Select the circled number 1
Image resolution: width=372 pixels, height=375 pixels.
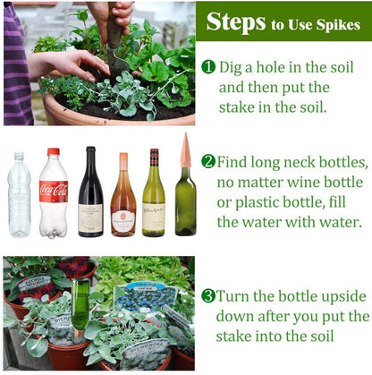pyautogui.click(x=208, y=67)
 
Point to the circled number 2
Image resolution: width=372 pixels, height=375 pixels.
pyautogui.click(x=208, y=162)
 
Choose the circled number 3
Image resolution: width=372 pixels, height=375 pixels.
pyautogui.click(x=208, y=296)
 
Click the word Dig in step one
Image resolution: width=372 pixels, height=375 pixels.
pyautogui.click(x=234, y=67)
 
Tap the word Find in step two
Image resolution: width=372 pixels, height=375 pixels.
pyautogui.click(x=237, y=162)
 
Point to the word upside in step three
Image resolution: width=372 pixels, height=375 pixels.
pyautogui.click(x=346, y=296)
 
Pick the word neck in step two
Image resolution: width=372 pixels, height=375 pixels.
pyautogui.click(x=307, y=162)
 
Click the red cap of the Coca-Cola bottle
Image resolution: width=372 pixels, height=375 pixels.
pyautogui.click(x=54, y=152)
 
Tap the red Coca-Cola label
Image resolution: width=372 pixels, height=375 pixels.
pyautogui.click(x=53, y=191)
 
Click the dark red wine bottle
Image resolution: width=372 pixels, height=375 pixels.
pyautogui.click(x=90, y=197)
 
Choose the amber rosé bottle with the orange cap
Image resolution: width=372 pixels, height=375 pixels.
pyautogui.click(x=123, y=201)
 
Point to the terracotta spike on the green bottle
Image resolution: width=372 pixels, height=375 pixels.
pyautogui.click(x=185, y=150)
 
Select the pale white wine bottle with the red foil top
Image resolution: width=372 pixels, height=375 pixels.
pyautogui.click(x=154, y=197)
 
